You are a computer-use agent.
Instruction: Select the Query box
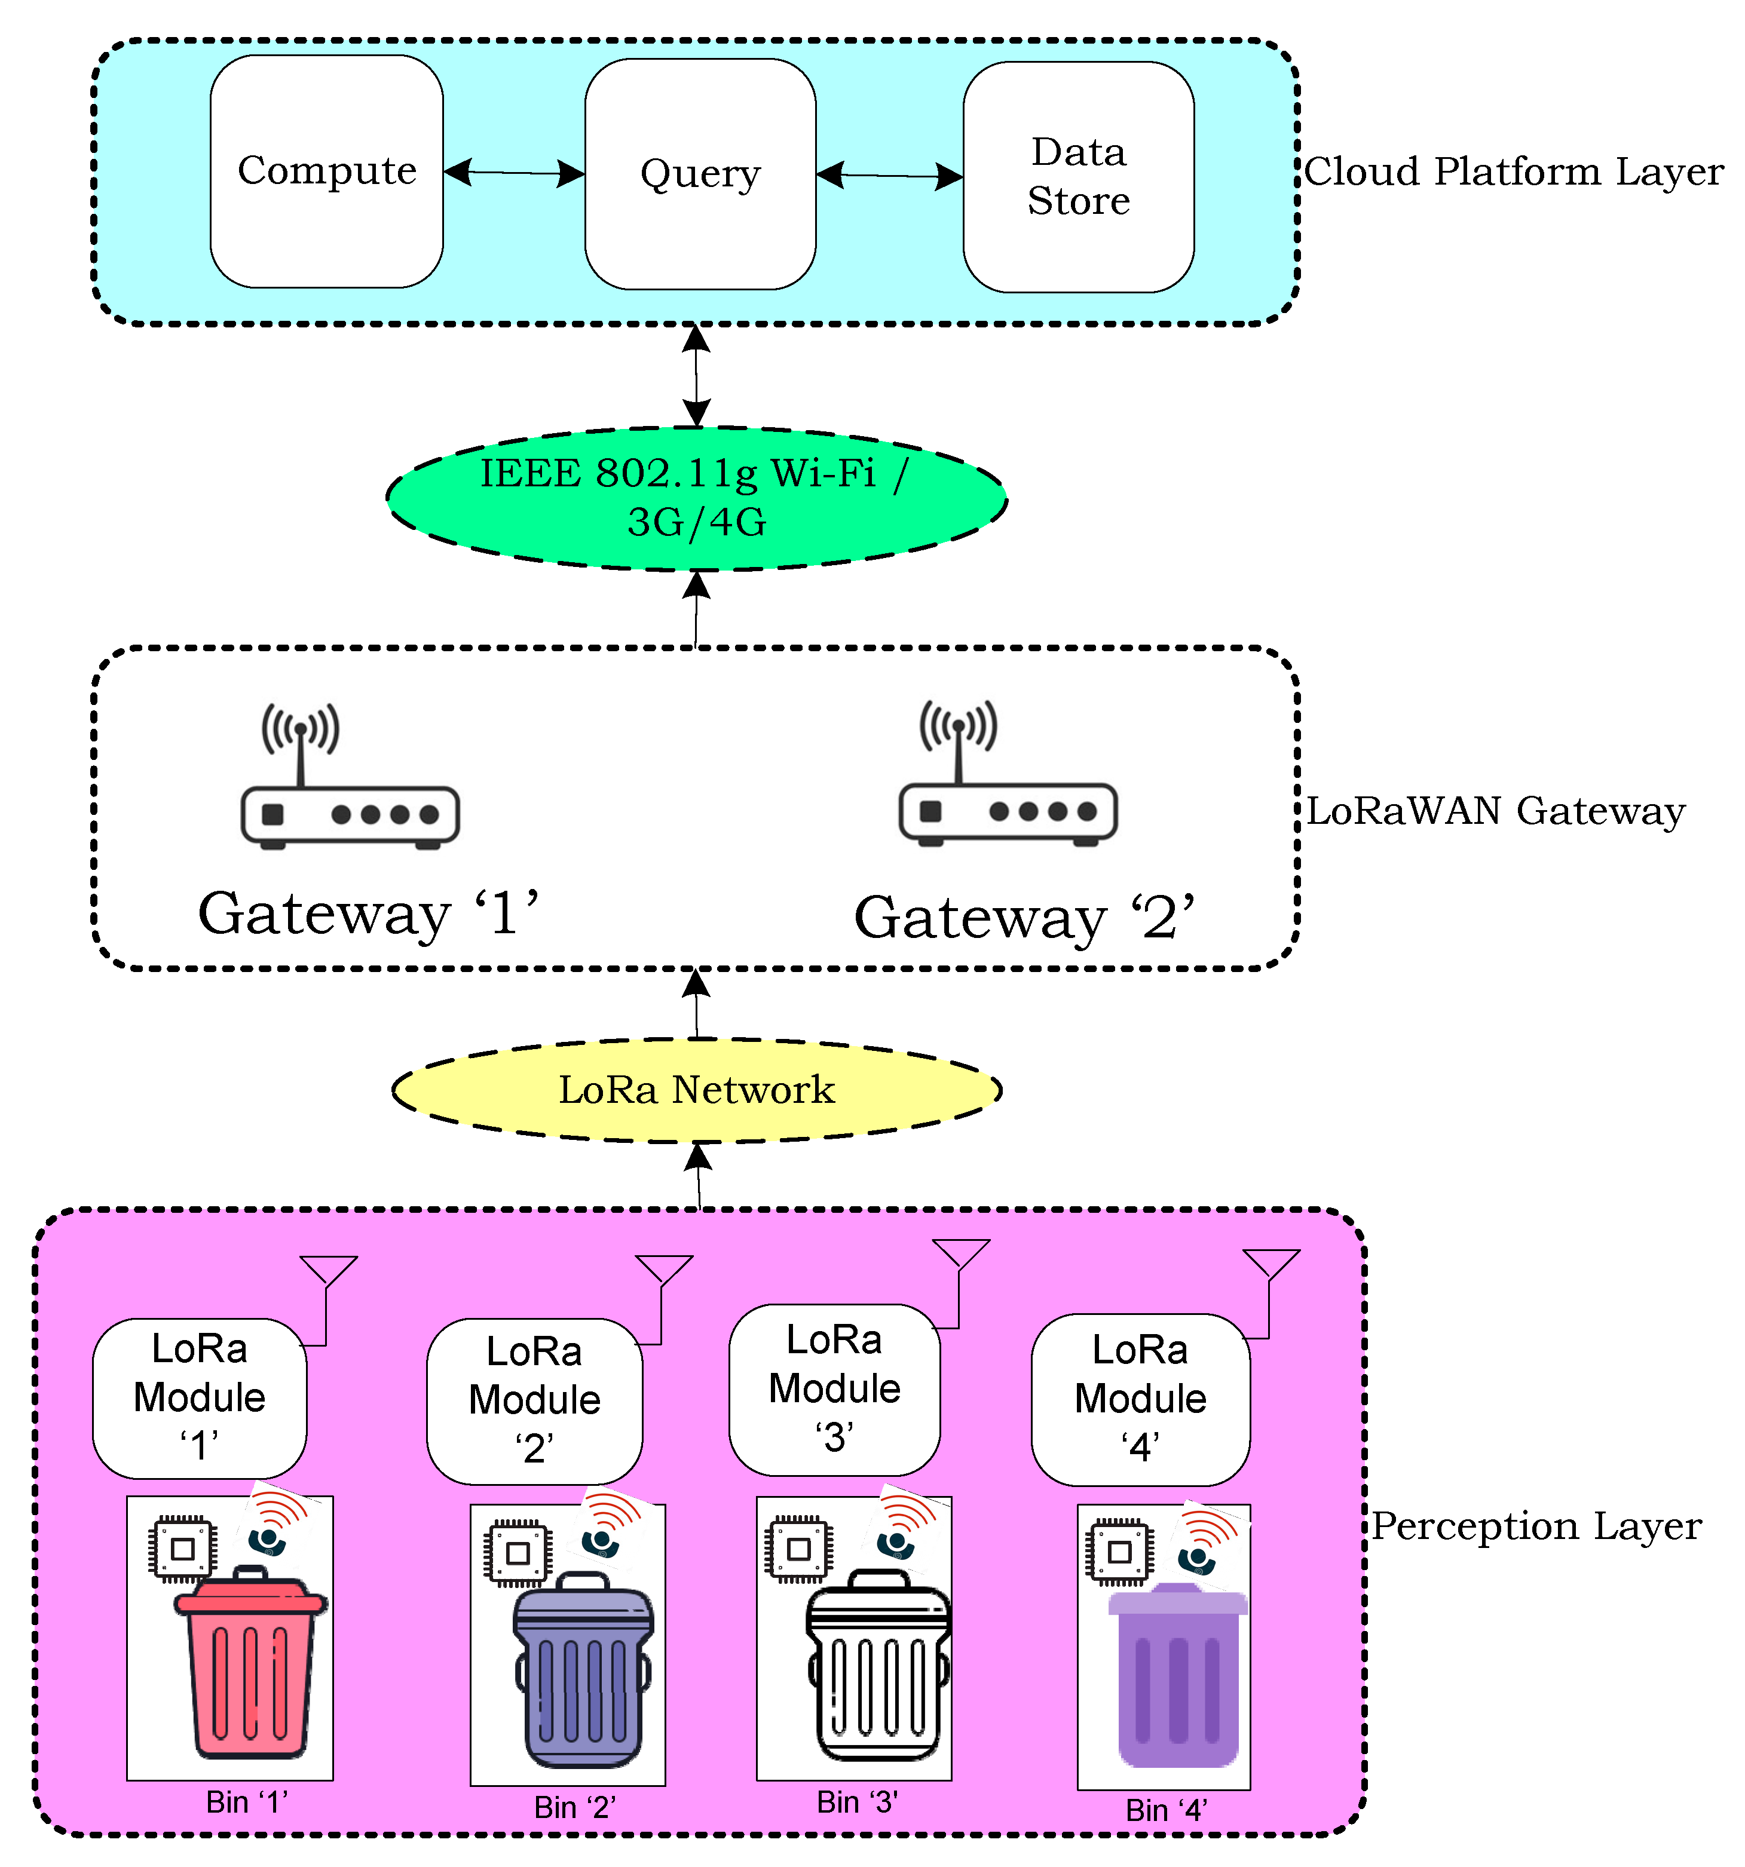[700, 174]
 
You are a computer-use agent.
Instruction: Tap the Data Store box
[1078, 177]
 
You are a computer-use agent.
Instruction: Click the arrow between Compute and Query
[514, 173]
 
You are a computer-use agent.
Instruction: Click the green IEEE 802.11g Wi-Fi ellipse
[696, 499]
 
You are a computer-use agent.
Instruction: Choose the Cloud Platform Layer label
[1513, 172]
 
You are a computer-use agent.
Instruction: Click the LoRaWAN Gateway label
[1495, 811]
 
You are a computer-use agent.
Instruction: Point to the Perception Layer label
[1536, 1526]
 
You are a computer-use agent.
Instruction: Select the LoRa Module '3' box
[834, 1389]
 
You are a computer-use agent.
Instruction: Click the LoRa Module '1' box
[199, 1397]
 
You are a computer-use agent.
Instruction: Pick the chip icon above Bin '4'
[1119, 1552]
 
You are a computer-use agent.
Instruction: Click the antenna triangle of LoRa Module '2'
[664, 1268]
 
